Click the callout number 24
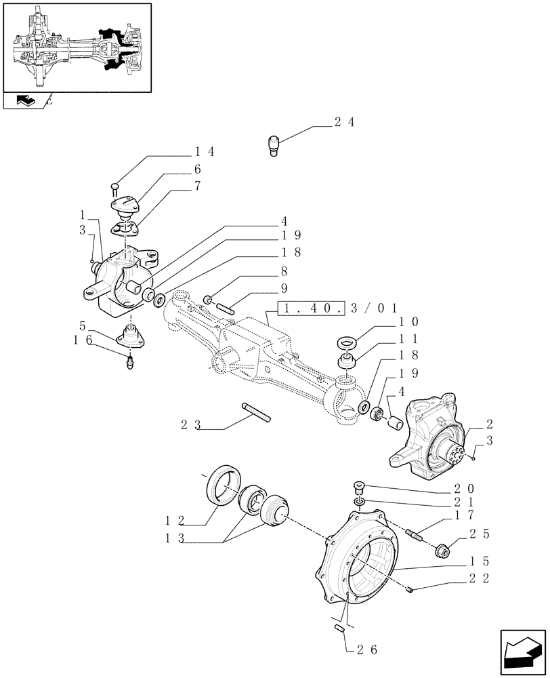point(344,123)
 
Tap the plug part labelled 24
point(274,146)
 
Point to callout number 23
point(192,425)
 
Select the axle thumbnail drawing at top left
point(77,47)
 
